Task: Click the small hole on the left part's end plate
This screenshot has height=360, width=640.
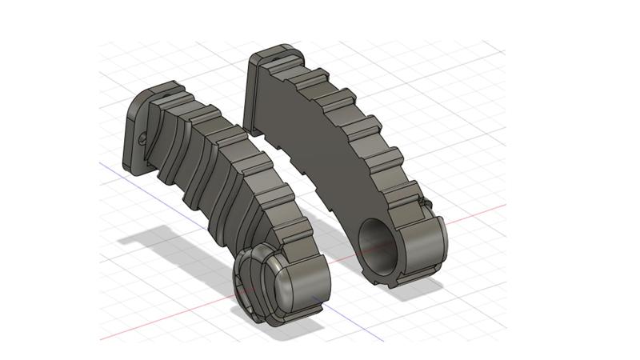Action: click(143, 138)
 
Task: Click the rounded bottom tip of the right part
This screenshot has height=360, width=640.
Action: click(424, 248)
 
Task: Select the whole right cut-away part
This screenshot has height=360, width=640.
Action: click(344, 160)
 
